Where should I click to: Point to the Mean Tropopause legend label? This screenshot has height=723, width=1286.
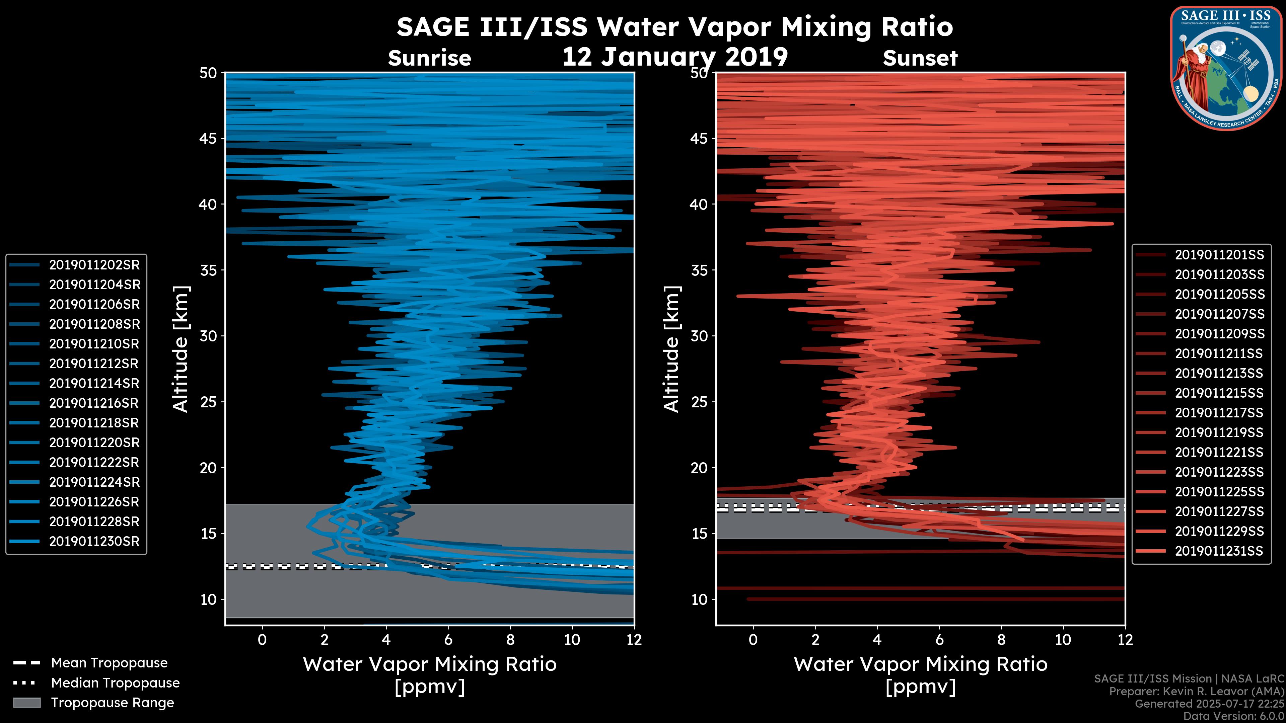click(x=109, y=663)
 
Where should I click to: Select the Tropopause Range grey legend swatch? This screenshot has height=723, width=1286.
click(x=26, y=703)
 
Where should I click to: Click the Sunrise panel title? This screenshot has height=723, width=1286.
click(x=429, y=58)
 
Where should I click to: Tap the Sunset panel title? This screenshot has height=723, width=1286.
click(x=920, y=58)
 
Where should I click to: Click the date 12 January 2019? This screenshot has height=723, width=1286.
click(x=675, y=57)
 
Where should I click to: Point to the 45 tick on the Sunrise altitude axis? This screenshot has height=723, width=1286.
click(x=208, y=138)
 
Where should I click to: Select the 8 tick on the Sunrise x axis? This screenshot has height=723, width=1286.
click(x=510, y=640)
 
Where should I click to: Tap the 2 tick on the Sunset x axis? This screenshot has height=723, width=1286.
click(x=815, y=640)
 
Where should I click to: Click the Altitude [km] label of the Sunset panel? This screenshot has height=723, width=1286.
click(x=671, y=349)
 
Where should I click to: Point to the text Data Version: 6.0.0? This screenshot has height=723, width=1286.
click(x=1234, y=717)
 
